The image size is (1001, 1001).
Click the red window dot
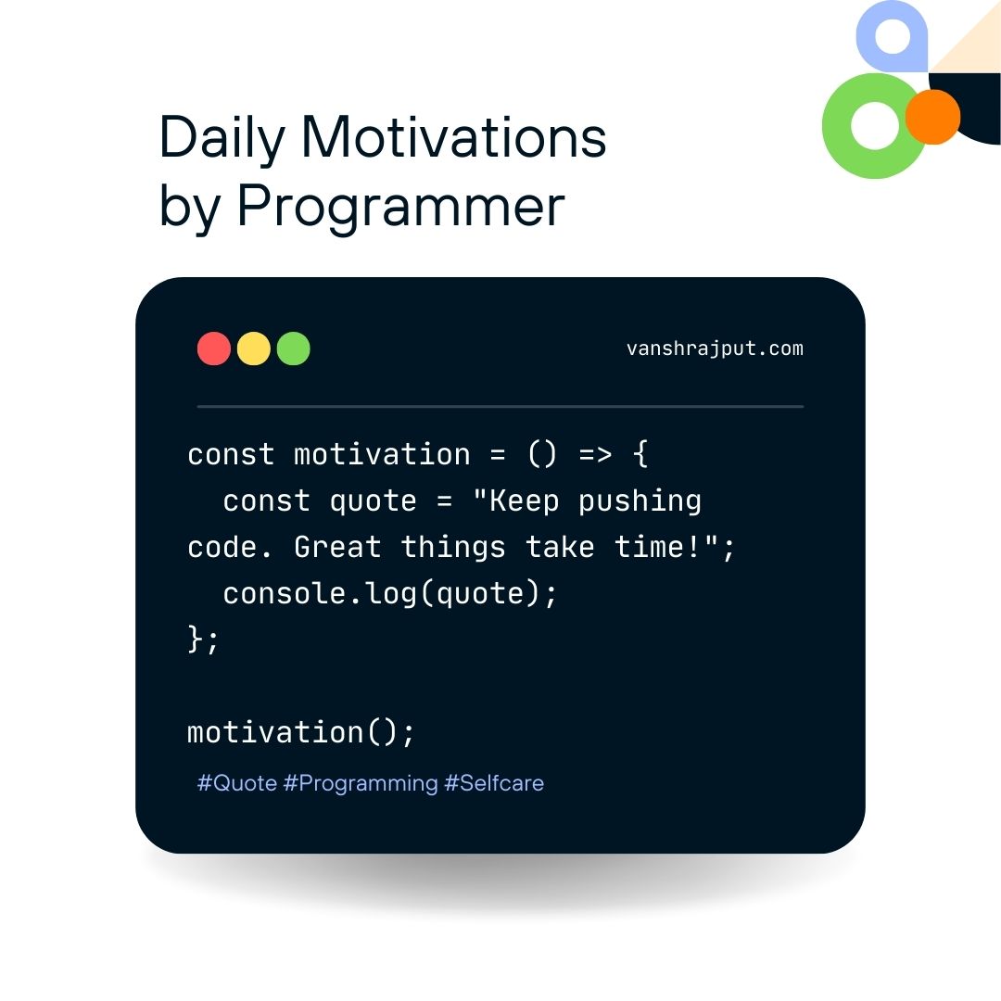[214, 348]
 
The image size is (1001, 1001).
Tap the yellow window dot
[253, 348]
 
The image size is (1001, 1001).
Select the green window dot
[293, 348]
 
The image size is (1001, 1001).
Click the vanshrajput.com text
[715, 348]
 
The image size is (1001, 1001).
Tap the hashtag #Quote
[237, 782]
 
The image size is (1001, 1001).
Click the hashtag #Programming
[360, 783]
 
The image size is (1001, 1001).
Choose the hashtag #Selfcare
[494, 782]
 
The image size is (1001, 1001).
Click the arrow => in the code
[595, 454]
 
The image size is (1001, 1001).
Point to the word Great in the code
[337, 547]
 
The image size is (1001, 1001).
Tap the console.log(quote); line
[390, 594]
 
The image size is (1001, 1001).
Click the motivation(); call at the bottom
[300, 732]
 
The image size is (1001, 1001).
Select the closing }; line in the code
[203, 639]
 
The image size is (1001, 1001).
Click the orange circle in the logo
[932, 117]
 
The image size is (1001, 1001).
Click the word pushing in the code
[640, 501]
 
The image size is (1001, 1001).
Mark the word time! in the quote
[658, 547]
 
